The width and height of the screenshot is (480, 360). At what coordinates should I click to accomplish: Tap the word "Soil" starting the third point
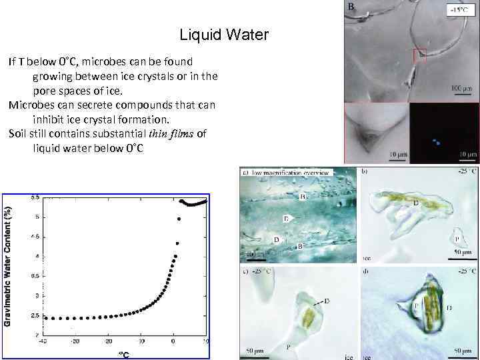pyautogui.click(x=19, y=133)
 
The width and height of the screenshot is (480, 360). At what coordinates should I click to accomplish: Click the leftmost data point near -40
pyautogui.click(x=45, y=317)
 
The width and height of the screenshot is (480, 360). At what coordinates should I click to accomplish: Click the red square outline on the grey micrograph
pyautogui.click(x=419, y=56)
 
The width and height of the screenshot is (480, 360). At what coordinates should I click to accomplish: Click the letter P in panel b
pyautogui.click(x=456, y=238)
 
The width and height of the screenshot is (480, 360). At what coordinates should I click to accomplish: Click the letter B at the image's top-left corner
pyautogui.click(x=351, y=7)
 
